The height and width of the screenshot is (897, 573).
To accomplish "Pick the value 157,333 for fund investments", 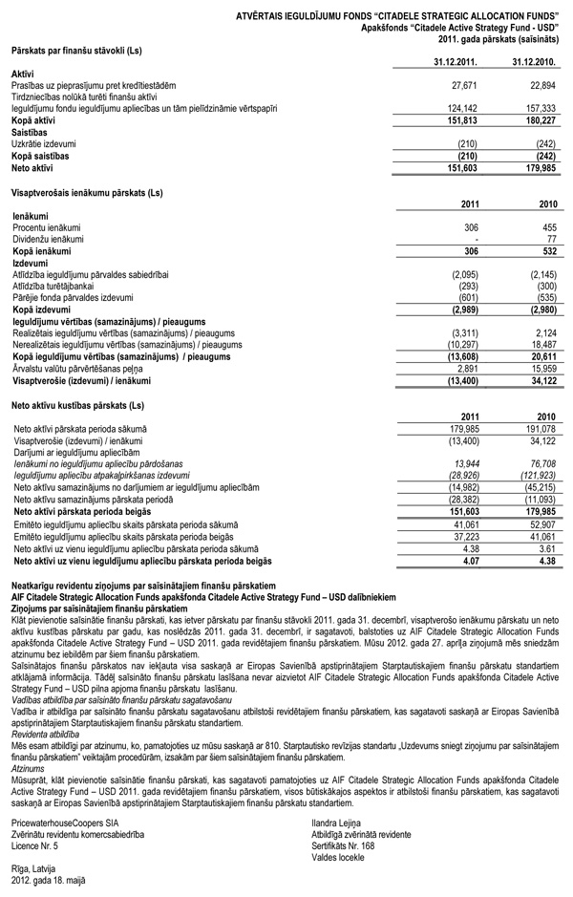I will [x=541, y=109].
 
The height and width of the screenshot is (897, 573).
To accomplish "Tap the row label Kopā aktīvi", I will [x=33, y=120].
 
